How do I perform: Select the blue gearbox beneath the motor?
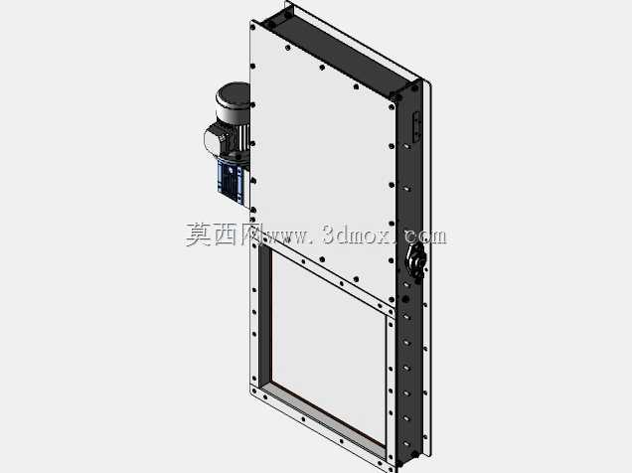point(233,181)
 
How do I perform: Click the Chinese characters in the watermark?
point(223,235)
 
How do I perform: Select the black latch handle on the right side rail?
point(415,260)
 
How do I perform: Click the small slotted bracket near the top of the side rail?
point(416,126)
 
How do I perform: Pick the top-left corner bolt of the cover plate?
point(252,28)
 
